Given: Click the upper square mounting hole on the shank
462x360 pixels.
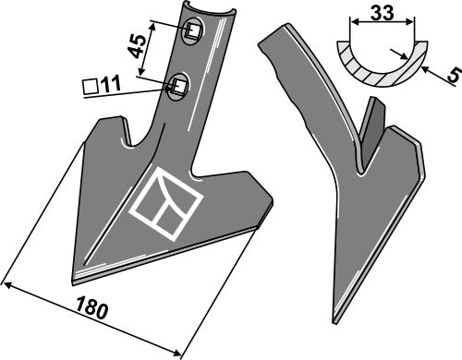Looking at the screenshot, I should (x=192, y=32).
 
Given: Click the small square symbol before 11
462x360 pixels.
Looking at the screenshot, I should (x=91, y=87).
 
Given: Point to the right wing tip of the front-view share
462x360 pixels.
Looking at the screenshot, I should (x=270, y=196).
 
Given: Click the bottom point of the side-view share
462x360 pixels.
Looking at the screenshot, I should (x=334, y=324).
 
